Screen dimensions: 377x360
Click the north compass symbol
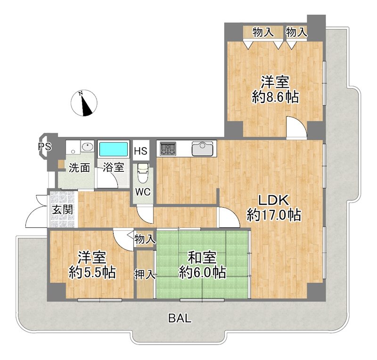click(84, 103)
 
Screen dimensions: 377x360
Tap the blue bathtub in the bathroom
click(113, 149)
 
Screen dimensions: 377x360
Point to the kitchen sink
click(203, 149)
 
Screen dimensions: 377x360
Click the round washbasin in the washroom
click(87, 146)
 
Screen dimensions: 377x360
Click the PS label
click(45, 146)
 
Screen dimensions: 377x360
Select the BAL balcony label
click(180, 318)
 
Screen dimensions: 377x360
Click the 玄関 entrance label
click(63, 210)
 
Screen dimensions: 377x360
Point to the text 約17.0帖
click(274, 215)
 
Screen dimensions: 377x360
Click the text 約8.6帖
click(275, 97)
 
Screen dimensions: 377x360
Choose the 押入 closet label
click(145, 275)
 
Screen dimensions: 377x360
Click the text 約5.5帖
click(92, 273)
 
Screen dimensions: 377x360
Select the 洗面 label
click(79, 168)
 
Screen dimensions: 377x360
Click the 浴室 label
click(114, 167)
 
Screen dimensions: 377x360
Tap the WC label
click(143, 192)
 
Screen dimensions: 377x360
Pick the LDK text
click(273, 200)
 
